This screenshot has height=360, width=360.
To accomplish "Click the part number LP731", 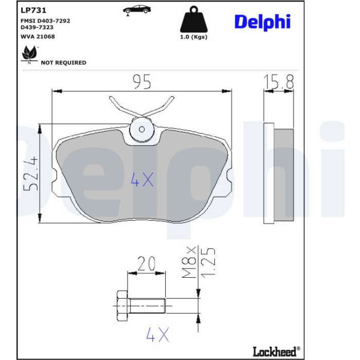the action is coord(33,10).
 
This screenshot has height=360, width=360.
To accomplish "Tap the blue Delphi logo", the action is coord(262,22).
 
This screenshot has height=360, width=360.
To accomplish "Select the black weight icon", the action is coord(194,20).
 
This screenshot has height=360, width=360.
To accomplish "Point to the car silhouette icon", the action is coord(137,10).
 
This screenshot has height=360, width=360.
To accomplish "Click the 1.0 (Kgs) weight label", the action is coord(193,37).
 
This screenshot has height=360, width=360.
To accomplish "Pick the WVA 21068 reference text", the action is coord(38,37).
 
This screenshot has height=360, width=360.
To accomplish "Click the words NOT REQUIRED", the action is coord(64,63).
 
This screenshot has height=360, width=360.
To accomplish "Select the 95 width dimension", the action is coord(142,82).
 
